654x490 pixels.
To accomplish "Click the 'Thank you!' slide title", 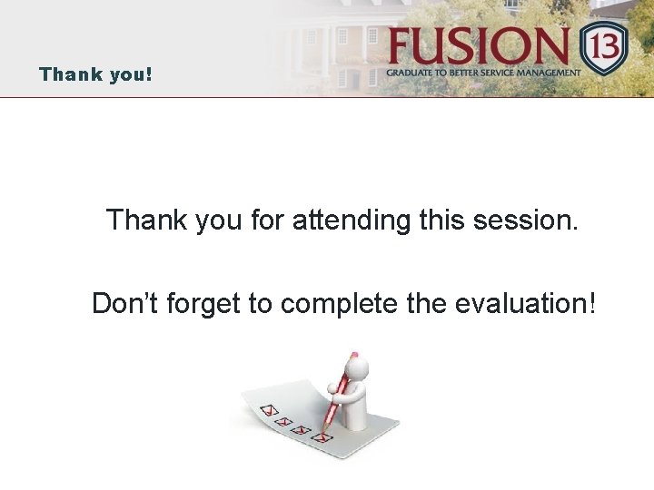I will click(x=95, y=73).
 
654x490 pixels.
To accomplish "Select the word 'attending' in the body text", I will click(x=351, y=220).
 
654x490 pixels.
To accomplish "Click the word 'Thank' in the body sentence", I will click(x=148, y=220).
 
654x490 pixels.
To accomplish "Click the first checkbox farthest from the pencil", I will click(x=268, y=410).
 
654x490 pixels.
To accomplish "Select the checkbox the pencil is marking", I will click(x=322, y=436).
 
